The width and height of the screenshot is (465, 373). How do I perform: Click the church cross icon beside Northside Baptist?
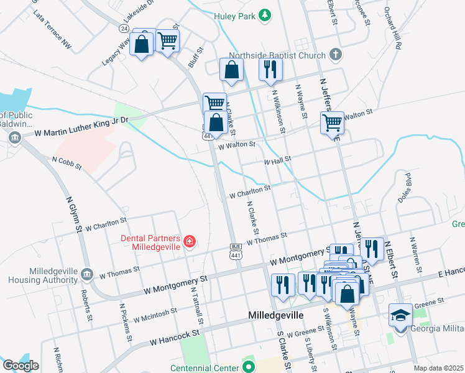(336, 55)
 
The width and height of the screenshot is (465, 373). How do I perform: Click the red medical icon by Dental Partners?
(188, 241)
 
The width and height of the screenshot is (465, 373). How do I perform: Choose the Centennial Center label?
(205, 367)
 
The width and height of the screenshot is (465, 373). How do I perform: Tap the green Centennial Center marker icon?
(249, 367)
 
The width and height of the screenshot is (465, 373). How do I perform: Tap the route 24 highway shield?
(124, 29)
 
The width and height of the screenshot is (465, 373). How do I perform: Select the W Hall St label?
(278, 160)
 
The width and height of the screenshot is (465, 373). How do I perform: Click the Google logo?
(21, 366)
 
